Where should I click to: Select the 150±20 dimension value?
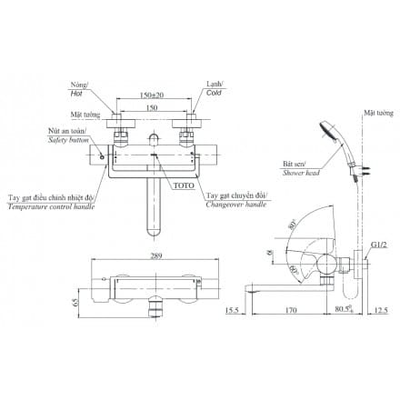152,95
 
